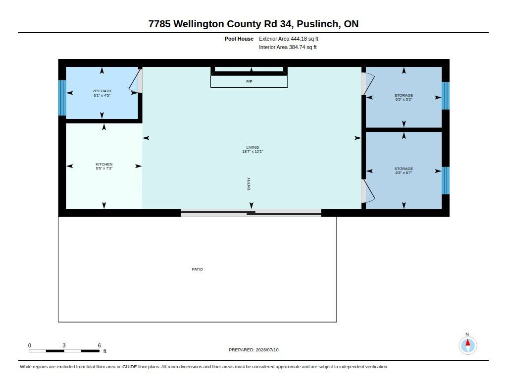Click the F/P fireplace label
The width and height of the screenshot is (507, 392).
point(249,82)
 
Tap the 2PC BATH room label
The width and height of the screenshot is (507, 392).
point(102,91)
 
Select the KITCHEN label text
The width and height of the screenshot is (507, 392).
point(104,165)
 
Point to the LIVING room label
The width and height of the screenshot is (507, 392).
point(253,147)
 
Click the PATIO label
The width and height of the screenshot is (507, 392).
point(197,269)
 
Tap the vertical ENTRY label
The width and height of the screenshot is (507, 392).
point(249,184)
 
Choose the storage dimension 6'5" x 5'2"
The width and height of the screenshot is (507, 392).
point(404,100)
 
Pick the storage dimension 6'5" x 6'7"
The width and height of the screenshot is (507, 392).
point(404,173)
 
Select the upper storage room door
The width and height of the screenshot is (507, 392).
point(368,84)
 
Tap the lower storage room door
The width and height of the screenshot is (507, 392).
point(368,191)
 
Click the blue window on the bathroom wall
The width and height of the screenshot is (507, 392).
point(62,98)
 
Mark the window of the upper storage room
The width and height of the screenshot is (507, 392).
point(446,96)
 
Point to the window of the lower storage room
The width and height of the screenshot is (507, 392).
point(446,180)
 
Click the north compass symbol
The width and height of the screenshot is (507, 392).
point(467,345)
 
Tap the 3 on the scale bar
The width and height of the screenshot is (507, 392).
point(64,345)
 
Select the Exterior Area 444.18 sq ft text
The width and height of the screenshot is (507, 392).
point(289,39)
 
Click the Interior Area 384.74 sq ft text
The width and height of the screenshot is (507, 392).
point(288,47)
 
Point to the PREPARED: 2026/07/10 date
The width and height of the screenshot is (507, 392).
point(253,350)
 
